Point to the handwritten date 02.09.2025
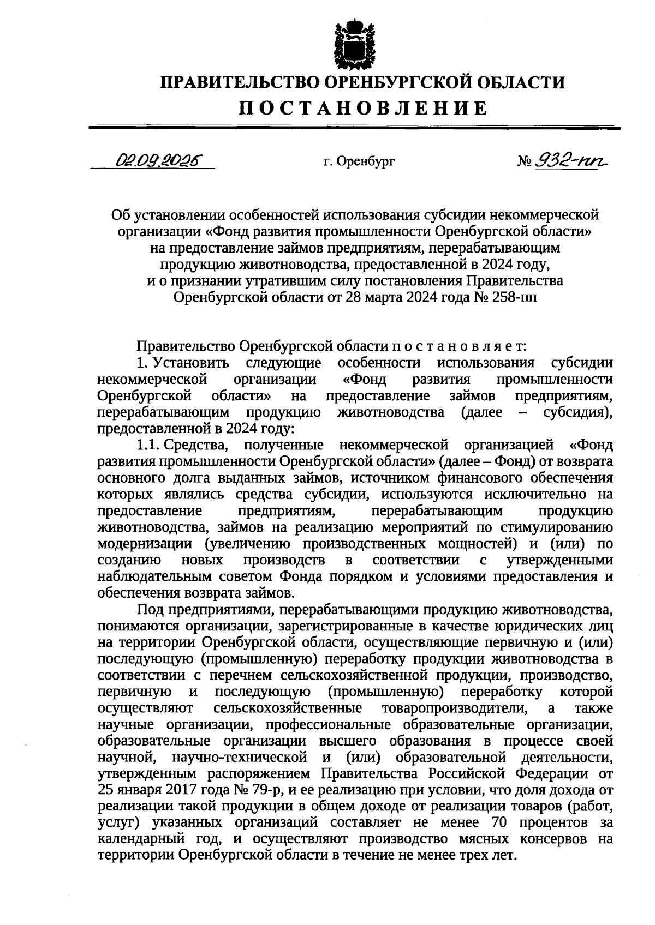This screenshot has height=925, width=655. [157, 160]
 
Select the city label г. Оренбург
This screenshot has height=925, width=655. [358, 161]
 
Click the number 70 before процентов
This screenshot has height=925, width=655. [502, 822]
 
